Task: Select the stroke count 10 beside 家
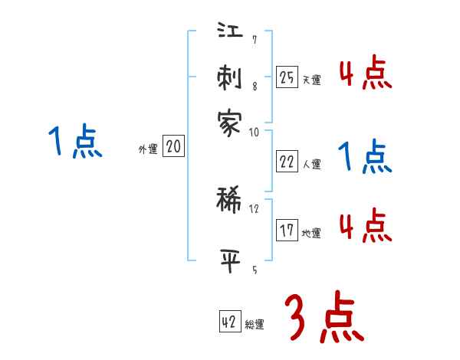pos(254,132)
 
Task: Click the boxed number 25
pos(287,77)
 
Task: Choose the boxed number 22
pos(287,160)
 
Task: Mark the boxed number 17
pos(287,230)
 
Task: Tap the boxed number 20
pos(173,147)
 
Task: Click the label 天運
pos(311,80)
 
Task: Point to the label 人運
pos(311,163)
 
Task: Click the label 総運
pos(255,325)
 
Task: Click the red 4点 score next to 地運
pos(365,226)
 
